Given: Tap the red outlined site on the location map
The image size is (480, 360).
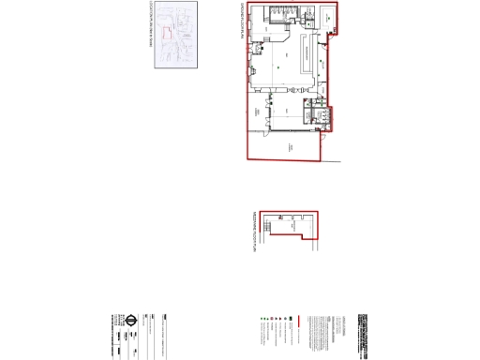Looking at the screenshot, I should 169,32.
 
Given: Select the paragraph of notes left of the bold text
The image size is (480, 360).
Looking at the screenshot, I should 319,334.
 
